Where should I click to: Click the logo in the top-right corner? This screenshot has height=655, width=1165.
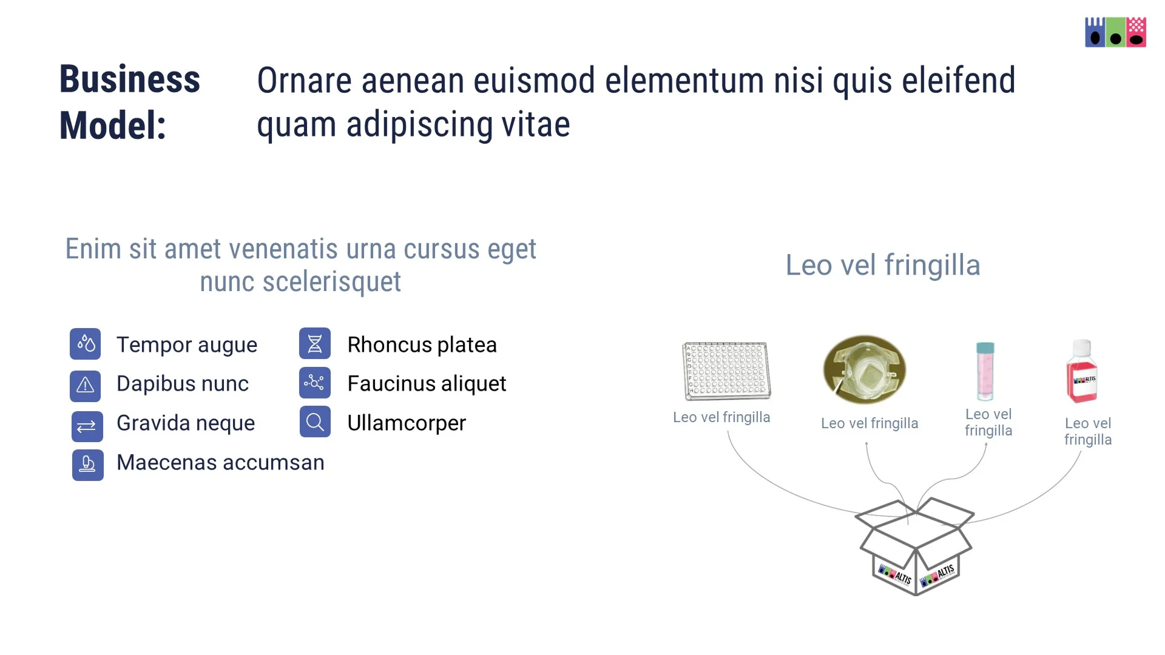point(1115,32)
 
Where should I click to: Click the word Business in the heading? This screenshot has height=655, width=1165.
point(129,79)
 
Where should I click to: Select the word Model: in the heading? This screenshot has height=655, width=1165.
point(112,126)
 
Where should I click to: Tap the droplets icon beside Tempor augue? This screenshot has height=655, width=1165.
point(86,344)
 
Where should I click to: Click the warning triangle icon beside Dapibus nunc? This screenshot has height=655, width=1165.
point(86,385)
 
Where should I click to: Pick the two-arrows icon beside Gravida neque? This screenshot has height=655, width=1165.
point(87,426)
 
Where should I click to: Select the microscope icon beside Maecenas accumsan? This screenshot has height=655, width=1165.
point(87,465)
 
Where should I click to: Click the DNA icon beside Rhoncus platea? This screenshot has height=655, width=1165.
point(315,344)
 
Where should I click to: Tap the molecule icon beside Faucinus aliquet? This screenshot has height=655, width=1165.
point(315,383)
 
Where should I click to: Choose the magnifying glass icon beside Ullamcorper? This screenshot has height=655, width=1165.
point(315,422)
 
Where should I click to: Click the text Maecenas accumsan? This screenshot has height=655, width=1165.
point(220,463)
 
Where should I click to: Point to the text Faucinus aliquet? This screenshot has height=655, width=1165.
point(427,384)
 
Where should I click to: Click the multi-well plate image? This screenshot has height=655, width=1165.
point(726,371)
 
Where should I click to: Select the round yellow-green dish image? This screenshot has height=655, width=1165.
point(865,369)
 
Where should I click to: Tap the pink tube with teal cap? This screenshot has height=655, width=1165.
point(985,371)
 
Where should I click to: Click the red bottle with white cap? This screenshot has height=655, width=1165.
point(1082,372)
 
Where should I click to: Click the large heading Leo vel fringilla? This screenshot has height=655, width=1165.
point(883,265)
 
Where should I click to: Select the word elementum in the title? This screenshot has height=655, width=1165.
point(684,81)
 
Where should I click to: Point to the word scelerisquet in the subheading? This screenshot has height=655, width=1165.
point(331,282)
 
